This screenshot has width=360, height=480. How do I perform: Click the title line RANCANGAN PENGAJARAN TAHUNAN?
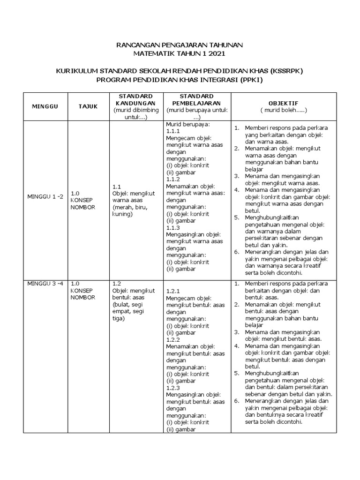click(180, 45)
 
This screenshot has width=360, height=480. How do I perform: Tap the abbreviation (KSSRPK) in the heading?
click(286, 71)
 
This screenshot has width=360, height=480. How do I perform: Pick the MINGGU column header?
click(45, 106)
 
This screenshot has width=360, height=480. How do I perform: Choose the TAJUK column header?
click(88, 106)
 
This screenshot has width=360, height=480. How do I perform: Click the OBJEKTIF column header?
click(283, 103)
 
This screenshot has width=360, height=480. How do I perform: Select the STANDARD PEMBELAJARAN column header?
click(196, 99)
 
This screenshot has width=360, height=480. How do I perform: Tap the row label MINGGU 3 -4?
click(45, 284)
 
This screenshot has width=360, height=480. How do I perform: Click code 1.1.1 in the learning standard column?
click(173, 132)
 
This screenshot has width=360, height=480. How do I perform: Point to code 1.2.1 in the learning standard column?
click(173, 291)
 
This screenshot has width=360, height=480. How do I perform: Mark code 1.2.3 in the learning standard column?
click(173, 388)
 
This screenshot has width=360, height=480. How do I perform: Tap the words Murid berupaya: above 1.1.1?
click(187, 125)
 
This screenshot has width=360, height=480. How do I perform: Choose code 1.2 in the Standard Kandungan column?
click(117, 284)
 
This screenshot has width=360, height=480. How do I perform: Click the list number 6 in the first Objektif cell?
click(237, 252)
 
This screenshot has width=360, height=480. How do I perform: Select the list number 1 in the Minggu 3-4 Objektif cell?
click(237, 284)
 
